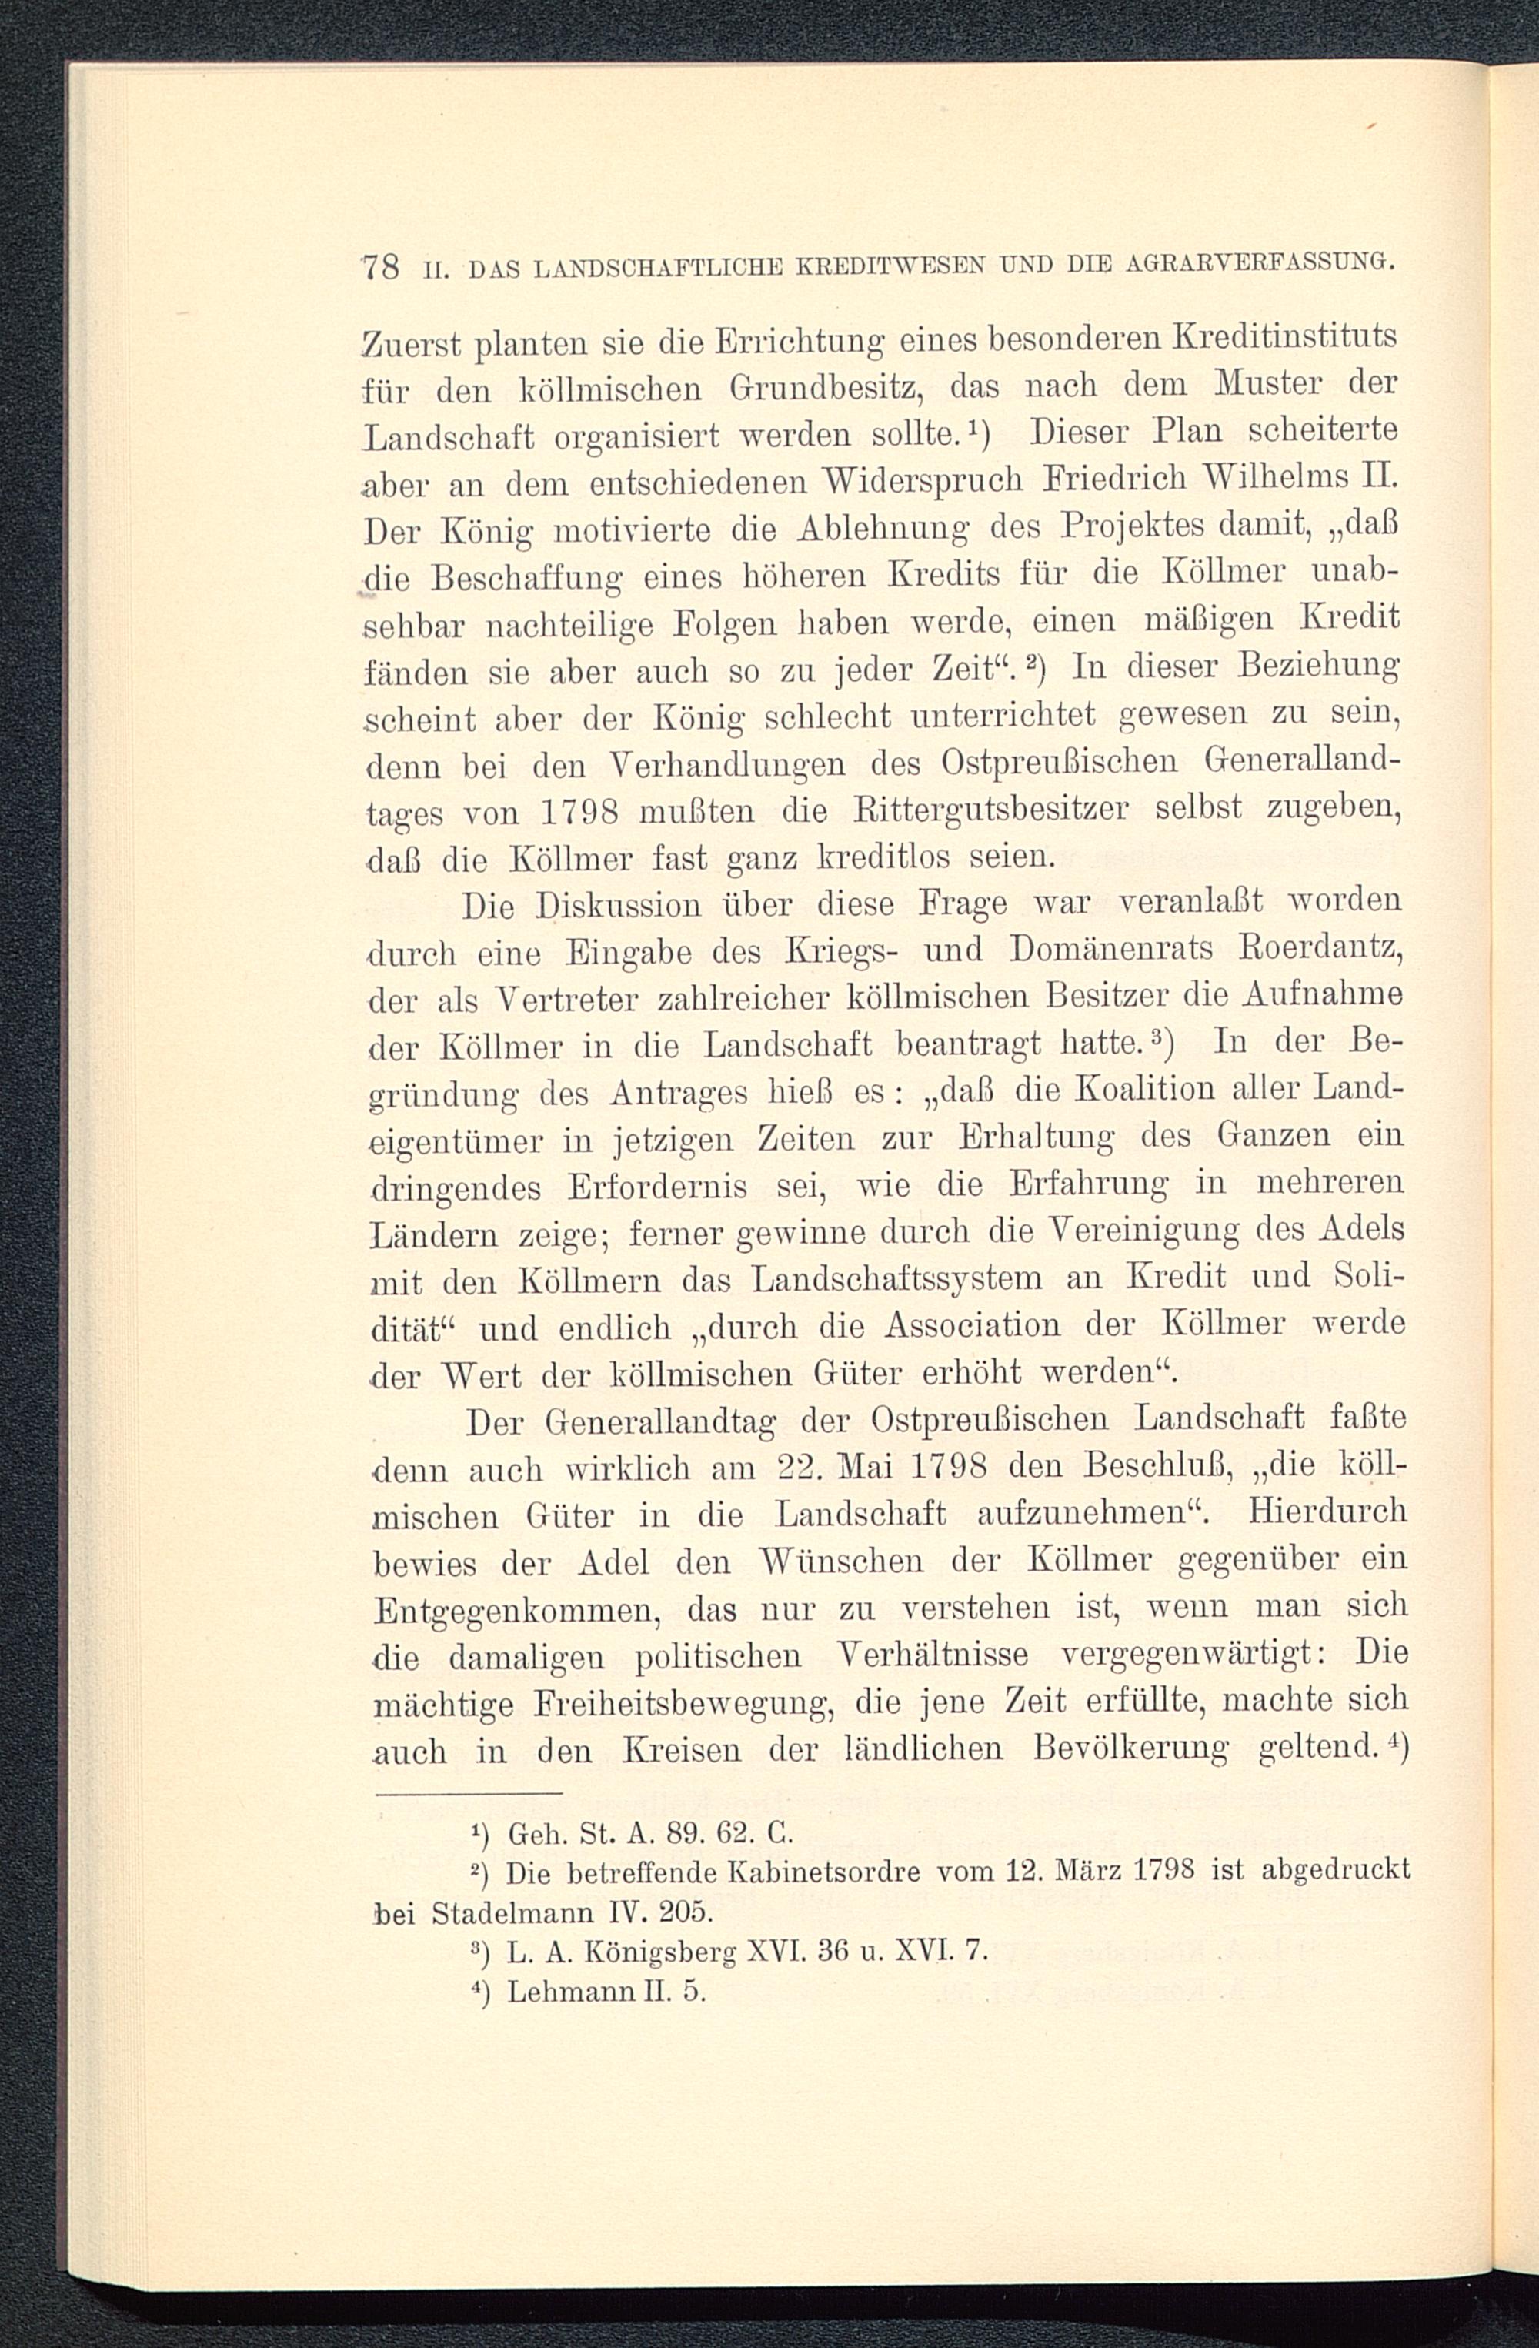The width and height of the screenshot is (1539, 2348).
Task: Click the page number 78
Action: pyautogui.click(x=380, y=266)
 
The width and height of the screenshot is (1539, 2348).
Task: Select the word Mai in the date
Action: pyautogui.click(x=870, y=1469)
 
